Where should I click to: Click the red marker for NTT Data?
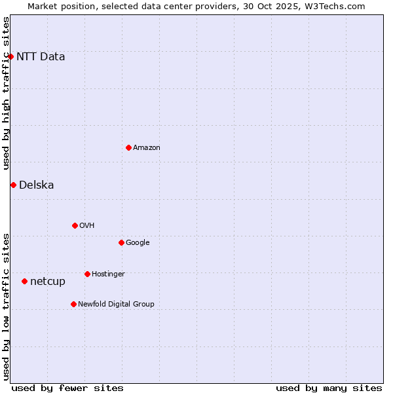[x=10, y=57]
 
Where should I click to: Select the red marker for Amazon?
[x=128, y=147]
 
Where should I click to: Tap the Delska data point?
[x=13, y=185]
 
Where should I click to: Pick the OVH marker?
[x=75, y=225]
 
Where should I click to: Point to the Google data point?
[x=121, y=242]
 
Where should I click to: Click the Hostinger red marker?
[x=87, y=274]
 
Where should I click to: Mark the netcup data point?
[x=24, y=282]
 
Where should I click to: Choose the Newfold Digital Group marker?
[x=73, y=304]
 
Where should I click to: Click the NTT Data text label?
[x=41, y=57]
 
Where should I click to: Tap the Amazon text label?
[x=147, y=148]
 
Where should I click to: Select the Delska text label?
[x=37, y=185]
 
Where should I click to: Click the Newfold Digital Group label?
[x=117, y=304]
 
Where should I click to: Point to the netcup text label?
[x=48, y=282]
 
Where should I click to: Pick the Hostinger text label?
[x=108, y=274]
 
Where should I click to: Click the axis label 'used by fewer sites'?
[x=67, y=388]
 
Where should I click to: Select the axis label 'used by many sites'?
[x=329, y=388]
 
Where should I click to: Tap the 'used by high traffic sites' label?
[x=7, y=93]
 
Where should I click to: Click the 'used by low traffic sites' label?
[x=7, y=306]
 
